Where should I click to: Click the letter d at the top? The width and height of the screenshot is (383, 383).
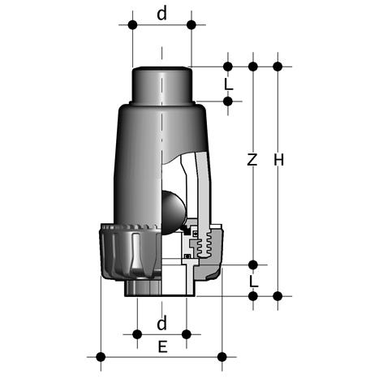pyautogui.click(x=161, y=13)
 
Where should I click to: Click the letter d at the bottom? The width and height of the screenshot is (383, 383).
pyautogui.click(x=161, y=323)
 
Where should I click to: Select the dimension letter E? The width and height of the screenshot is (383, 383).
pyautogui.click(x=162, y=346)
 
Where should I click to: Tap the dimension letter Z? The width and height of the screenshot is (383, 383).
pyautogui.click(x=252, y=160)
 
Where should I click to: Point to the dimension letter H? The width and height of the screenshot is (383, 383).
pyautogui.click(x=279, y=160)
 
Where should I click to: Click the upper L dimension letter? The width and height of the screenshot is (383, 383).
pyautogui.click(x=229, y=84)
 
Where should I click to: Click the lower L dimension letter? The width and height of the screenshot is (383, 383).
pyautogui.click(x=253, y=282)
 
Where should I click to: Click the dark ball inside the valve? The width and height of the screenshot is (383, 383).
pyautogui.click(x=173, y=212)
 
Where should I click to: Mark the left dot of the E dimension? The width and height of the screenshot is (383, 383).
pyautogui.click(x=101, y=357)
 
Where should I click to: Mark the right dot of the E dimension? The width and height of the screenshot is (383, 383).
pyautogui.click(x=222, y=357)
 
